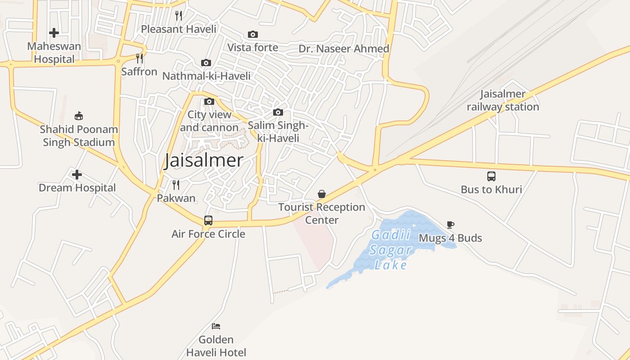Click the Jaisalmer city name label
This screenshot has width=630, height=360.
point(204,161)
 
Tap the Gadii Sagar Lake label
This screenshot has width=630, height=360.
point(390,250)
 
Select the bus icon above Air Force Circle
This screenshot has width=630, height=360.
point(208,220)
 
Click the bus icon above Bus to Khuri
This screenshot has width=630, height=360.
point(491,176)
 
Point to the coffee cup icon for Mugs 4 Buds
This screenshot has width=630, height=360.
point(450,225)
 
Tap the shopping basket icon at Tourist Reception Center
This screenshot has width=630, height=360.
point(322,194)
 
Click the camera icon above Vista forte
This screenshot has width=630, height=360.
point(253,34)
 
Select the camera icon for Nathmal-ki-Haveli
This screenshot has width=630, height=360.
point(206,63)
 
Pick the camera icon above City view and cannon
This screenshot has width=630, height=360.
point(209,102)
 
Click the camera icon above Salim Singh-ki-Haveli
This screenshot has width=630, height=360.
point(278,112)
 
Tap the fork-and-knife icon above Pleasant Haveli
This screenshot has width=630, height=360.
point(179,16)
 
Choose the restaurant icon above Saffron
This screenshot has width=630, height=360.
point(139,58)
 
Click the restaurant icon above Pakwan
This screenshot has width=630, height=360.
point(176,184)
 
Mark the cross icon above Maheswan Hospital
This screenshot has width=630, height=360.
point(54,32)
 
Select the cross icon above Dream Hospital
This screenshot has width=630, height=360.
point(77,175)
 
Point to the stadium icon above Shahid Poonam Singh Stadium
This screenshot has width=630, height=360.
point(79,116)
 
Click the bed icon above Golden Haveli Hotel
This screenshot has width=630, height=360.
point(216,326)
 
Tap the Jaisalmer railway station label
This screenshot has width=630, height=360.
point(503,100)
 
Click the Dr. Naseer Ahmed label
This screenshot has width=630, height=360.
point(344,49)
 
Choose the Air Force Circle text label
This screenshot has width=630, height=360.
point(208,234)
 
